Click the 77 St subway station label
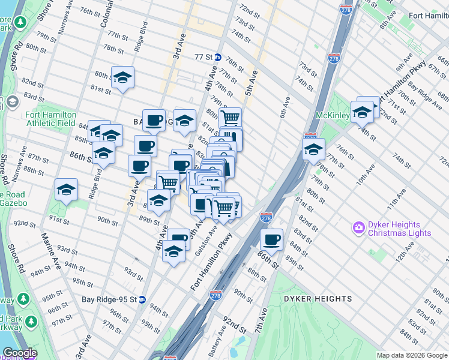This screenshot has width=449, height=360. (x=204, y=58)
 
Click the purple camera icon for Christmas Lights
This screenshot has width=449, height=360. (x=359, y=227)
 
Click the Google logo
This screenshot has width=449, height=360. (x=20, y=353)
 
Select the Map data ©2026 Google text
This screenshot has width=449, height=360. (x=412, y=355)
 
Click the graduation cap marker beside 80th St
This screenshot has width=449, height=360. (x=122, y=77)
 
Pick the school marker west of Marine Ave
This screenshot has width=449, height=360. (x=66, y=190)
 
